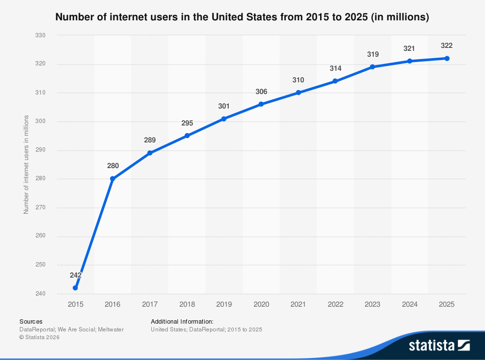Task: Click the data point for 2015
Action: tap(75, 288)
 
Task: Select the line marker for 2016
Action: tap(113, 179)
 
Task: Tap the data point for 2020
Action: tap(261, 104)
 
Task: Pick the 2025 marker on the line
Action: tap(447, 59)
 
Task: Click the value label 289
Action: tap(150, 140)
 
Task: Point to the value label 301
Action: tap(224, 106)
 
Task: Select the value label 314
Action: tap(336, 68)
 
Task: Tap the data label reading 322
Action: tap(447, 46)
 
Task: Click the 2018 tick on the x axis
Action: tap(187, 304)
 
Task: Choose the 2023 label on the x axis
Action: tap(372, 304)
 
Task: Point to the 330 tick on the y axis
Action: tap(40, 35)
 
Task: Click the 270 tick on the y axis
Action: tap(40, 207)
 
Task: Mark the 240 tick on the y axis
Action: tap(40, 294)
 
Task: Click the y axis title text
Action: tap(26, 164)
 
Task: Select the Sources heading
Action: tap(31, 321)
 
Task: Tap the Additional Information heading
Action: tap(182, 321)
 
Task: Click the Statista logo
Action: tap(439, 345)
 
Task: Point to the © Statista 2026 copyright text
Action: tap(39, 338)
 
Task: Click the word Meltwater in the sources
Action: tap(111, 329)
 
